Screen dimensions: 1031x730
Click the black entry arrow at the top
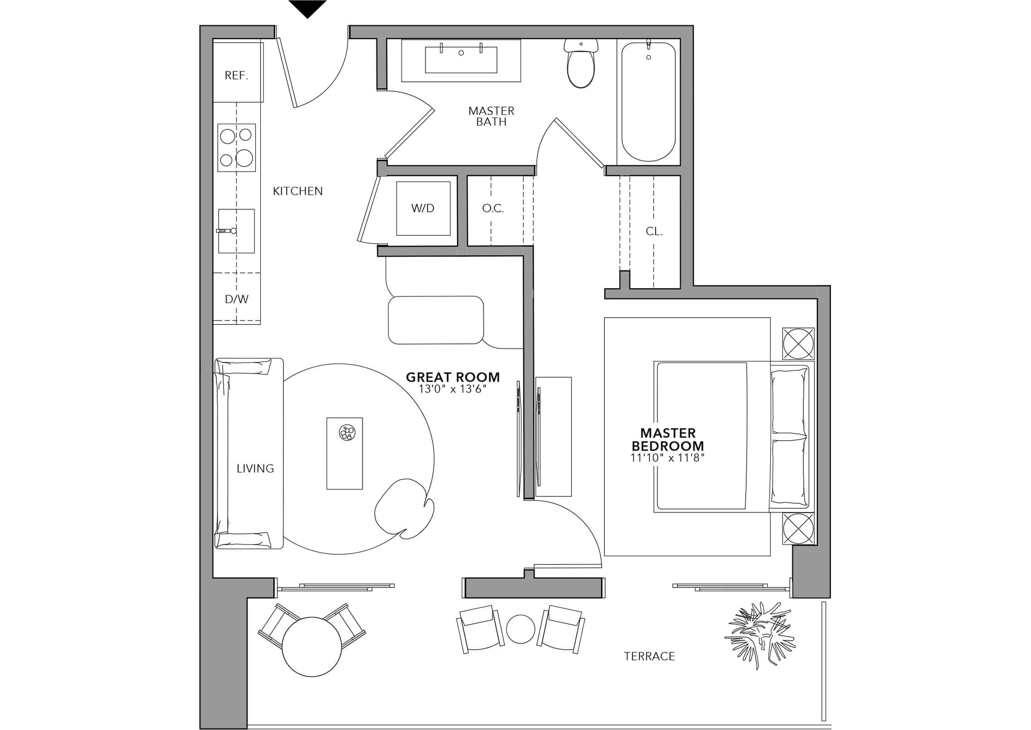pyautogui.click(x=308, y=8)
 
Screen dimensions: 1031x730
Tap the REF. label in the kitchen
pyautogui.click(x=237, y=75)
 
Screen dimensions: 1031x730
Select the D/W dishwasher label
pyautogui.click(x=237, y=299)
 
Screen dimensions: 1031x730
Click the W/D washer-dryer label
pyautogui.click(x=423, y=208)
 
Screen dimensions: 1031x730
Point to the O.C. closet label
pyautogui.click(x=493, y=208)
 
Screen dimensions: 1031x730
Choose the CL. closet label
pyautogui.click(x=654, y=231)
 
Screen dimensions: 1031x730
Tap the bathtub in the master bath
pyautogui.click(x=648, y=102)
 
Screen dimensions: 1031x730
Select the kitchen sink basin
pyautogui.click(x=236, y=230)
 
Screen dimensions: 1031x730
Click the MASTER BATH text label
pyautogui.click(x=491, y=116)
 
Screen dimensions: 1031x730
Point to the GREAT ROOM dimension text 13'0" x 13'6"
pyautogui.click(x=453, y=389)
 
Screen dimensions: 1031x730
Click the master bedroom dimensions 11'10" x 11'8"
pyautogui.click(x=667, y=458)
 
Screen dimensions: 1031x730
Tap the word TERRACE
pyautogui.click(x=650, y=656)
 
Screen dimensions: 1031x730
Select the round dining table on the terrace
pyautogui.click(x=312, y=647)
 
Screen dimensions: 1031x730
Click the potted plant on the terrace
pyautogui.click(x=759, y=634)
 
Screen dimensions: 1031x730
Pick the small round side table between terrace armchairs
pyautogui.click(x=521, y=629)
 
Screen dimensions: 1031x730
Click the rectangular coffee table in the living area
pyautogui.click(x=345, y=453)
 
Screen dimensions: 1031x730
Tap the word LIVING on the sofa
pyautogui.click(x=255, y=468)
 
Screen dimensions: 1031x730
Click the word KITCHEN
pyautogui.click(x=298, y=191)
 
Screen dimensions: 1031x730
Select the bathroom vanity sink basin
pyautogui.click(x=461, y=60)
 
